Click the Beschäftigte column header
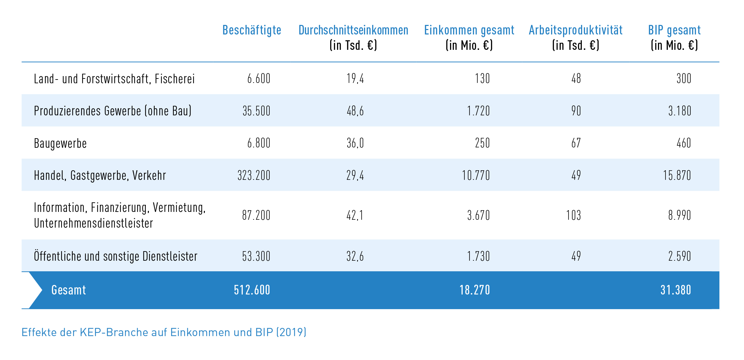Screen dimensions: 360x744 pyautogui.click(x=252, y=30)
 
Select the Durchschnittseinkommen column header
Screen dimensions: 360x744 pyautogui.click(x=353, y=30)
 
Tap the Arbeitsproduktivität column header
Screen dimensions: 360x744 pyautogui.click(x=575, y=30)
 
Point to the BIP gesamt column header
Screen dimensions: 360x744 pyautogui.click(x=674, y=30)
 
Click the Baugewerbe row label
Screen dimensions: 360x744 pyautogui.click(x=60, y=143)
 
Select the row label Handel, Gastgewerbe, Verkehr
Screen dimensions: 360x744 pyautogui.click(x=100, y=175)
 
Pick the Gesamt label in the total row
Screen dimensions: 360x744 pyautogui.click(x=68, y=290)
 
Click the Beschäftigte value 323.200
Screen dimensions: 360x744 pyautogui.click(x=254, y=175)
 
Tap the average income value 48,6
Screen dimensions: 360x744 pyautogui.click(x=355, y=111)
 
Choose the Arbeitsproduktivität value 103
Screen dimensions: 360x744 pyautogui.click(x=573, y=215)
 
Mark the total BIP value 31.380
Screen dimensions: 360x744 pyautogui.click(x=675, y=290)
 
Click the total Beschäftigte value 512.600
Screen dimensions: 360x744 pyautogui.click(x=252, y=290)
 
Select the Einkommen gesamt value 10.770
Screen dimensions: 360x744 pyautogui.click(x=476, y=175)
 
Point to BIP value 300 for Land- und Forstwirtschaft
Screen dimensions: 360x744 pyautogui.click(x=684, y=79)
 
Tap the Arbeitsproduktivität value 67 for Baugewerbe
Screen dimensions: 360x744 pyautogui.click(x=576, y=143)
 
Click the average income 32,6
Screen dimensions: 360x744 pyautogui.click(x=355, y=256)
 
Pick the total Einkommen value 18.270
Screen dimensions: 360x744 pyautogui.click(x=474, y=290)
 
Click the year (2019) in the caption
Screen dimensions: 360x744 pyautogui.click(x=291, y=332)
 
